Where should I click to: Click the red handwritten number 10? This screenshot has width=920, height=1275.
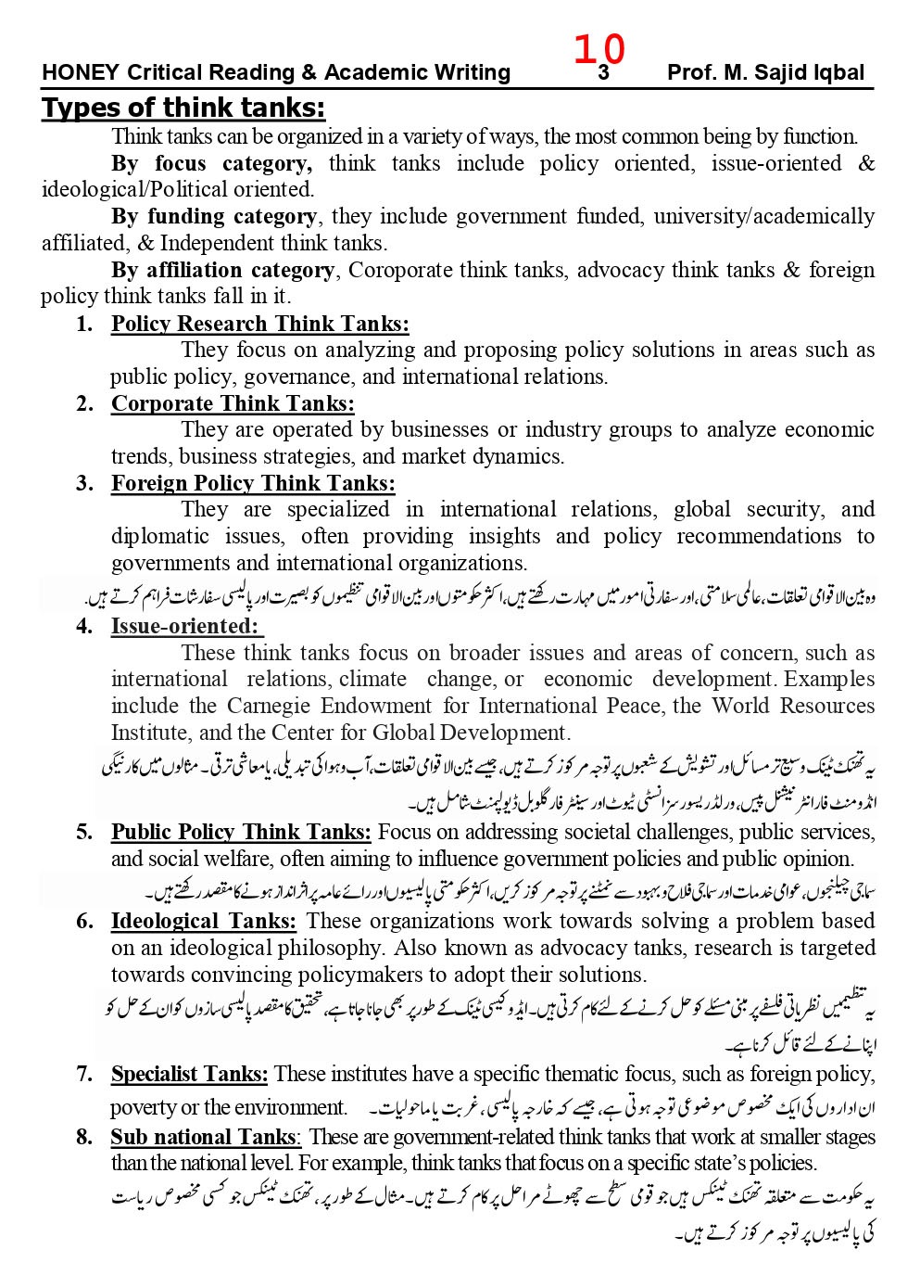pos(599,49)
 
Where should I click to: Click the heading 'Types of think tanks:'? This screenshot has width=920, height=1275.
pos(183,108)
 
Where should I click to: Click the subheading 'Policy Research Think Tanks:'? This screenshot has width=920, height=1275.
pos(259,324)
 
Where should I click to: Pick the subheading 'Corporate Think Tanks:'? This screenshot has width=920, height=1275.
pos(233,403)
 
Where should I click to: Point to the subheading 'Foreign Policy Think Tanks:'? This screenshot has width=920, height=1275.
pos(253,483)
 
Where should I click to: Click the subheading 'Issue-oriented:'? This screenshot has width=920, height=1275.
pos(183,626)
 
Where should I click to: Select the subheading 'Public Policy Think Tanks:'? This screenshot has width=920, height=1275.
pos(241,832)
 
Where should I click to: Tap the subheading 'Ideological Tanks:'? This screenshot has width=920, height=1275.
pos(204,921)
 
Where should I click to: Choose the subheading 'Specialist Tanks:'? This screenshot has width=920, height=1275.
pos(189,1074)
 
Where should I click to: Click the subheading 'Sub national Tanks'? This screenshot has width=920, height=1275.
pos(204,1137)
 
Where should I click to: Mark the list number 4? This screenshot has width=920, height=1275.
pos(85,626)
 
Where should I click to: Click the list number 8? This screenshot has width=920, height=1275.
pos(85,1137)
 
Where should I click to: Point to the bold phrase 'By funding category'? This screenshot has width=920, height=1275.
pos(214,217)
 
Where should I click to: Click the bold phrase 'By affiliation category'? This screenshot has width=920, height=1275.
pos(223,271)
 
